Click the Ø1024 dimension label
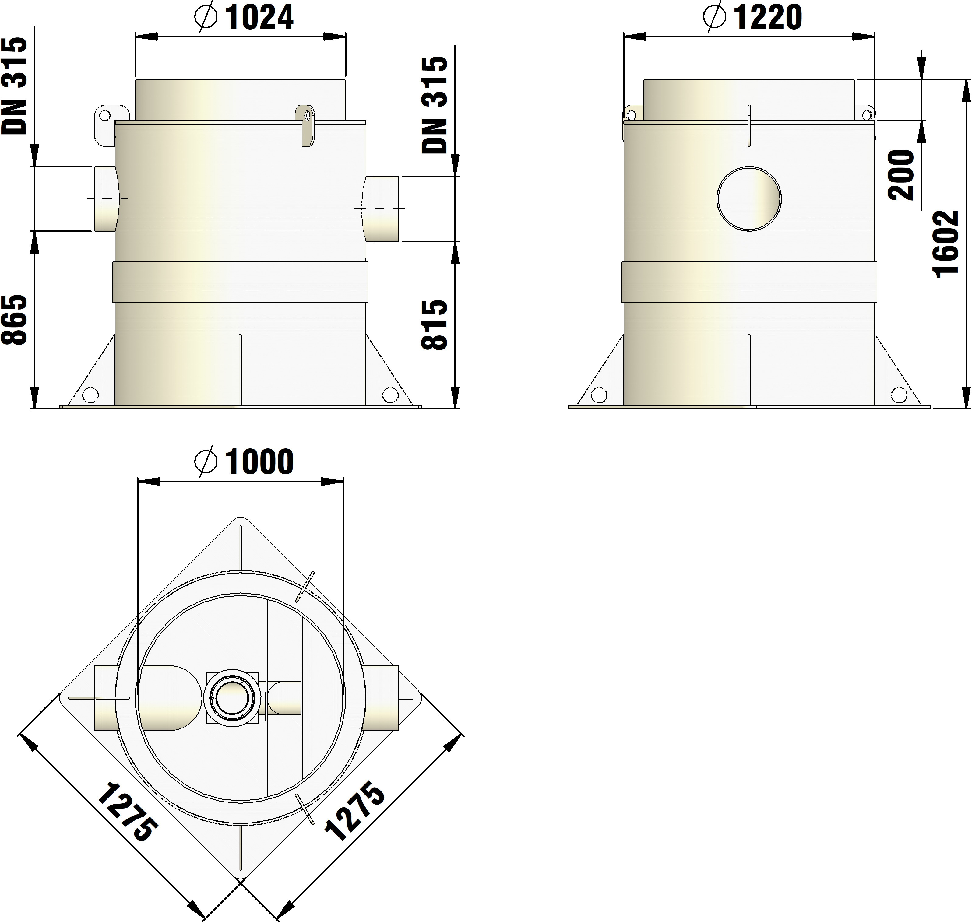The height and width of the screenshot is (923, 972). tap(245, 18)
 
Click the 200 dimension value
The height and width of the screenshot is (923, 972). tap(901, 175)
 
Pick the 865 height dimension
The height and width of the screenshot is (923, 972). tap(14, 320)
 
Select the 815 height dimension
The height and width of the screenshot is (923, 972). tap(435, 325)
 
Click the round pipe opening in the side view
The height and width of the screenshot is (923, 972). tap(748, 198)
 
